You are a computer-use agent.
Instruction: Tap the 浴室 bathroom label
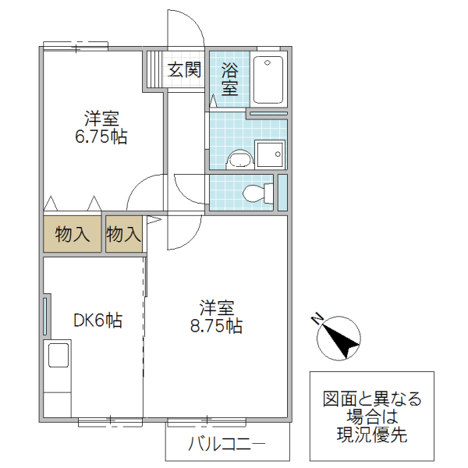229,79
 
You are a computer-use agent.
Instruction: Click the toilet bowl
256,192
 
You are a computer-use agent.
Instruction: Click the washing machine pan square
270,154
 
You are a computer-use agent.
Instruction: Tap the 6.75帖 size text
101,138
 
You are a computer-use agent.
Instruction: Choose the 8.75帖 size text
216,325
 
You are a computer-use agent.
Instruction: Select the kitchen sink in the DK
59,356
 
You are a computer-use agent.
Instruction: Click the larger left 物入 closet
73,234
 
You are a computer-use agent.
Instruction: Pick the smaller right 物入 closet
123,234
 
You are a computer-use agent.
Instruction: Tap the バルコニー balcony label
226,446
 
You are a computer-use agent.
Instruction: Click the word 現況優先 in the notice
372,435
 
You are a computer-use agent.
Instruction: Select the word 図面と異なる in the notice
372,399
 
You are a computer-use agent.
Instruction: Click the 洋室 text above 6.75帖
101,119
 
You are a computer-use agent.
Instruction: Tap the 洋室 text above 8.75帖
216,307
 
